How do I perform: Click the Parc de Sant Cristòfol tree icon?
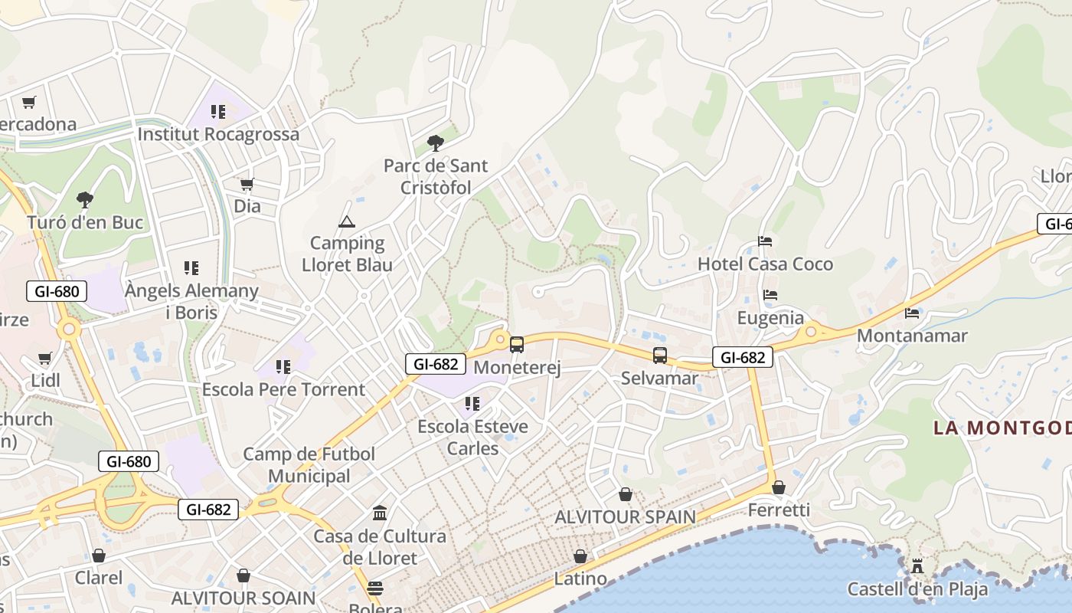(436, 143)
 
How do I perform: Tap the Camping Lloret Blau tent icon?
(347, 222)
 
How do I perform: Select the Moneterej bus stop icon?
(517, 345)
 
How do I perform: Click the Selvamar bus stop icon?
(660, 356)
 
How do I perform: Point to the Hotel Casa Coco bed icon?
(764, 241)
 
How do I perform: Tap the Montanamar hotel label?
(912, 336)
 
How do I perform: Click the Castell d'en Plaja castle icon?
(917, 566)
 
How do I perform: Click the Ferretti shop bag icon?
(779, 487)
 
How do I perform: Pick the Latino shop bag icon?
(580, 556)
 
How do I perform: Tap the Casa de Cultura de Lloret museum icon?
(380, 513)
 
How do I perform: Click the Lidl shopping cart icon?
(45, 358)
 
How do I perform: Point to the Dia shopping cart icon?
(247, 184)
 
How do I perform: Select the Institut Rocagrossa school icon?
(218, 112)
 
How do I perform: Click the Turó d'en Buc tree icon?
(85, 200)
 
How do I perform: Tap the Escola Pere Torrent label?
(283, 389)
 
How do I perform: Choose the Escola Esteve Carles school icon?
(472, 403)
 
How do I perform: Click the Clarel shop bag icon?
(98, 556)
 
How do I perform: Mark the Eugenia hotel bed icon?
(770, 295)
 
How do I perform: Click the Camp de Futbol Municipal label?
(309, 465)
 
